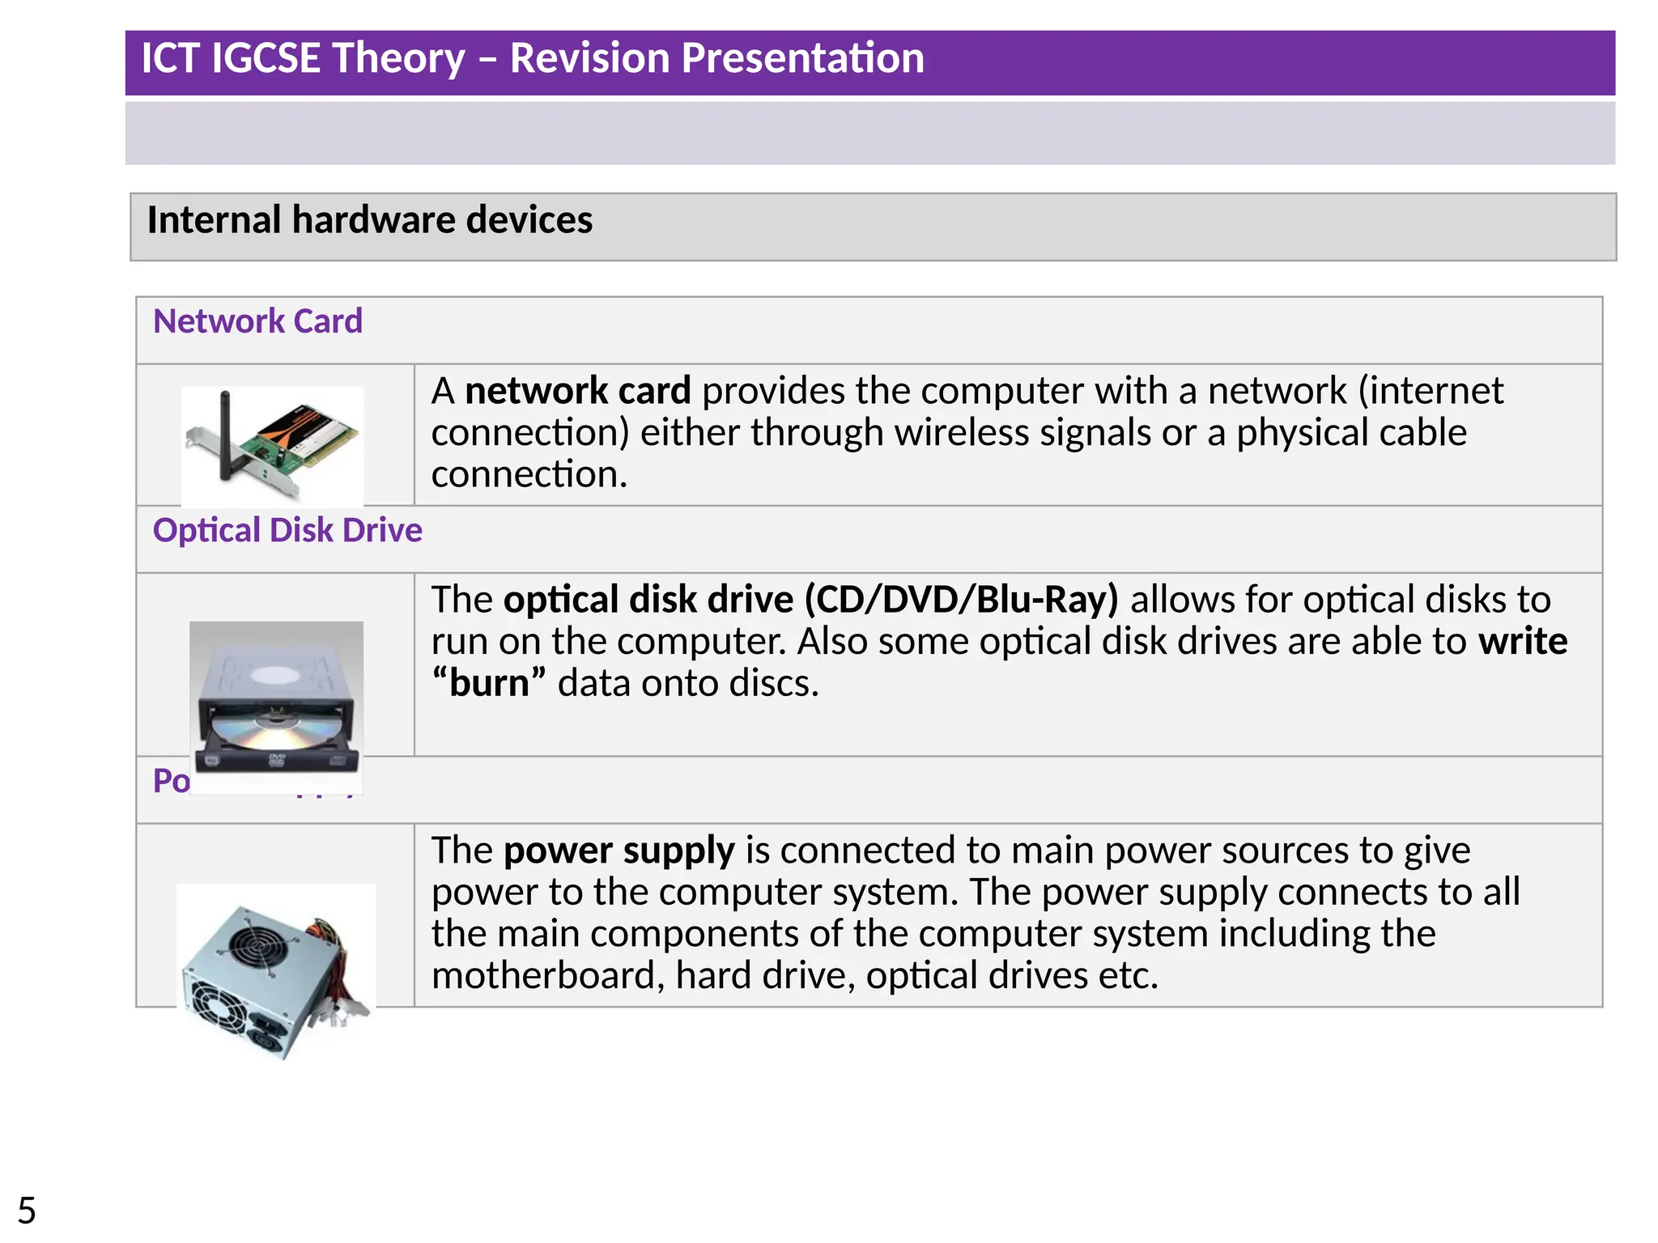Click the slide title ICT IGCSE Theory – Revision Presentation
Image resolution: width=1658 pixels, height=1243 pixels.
532,58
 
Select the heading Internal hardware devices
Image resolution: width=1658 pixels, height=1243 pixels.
369,220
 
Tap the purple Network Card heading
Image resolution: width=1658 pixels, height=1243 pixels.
257,321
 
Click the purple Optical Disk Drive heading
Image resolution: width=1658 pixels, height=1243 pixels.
287,530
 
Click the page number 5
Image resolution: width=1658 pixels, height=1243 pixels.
27,1211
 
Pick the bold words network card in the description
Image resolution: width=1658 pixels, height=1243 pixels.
577,391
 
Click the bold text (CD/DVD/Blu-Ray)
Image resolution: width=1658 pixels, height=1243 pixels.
961,600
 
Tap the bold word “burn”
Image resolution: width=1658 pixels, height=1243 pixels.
489,683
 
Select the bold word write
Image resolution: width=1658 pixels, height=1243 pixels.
1523,641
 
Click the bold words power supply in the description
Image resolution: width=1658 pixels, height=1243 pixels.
619,851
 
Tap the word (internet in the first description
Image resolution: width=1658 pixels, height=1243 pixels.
1431,391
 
